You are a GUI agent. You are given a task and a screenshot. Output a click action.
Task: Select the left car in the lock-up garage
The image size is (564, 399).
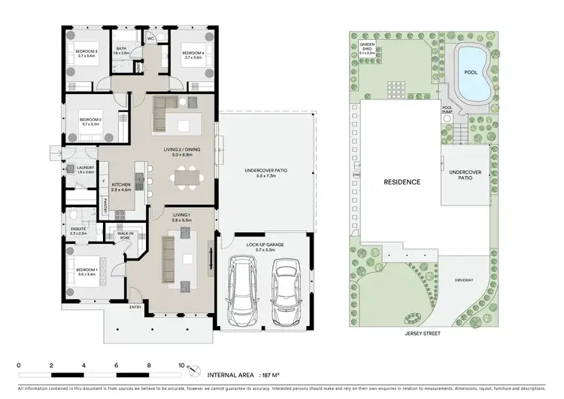click(243, 290)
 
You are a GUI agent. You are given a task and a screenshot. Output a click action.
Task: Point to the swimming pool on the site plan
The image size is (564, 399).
click(472, 73)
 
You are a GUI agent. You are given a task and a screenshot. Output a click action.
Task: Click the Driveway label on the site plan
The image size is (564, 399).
click(464, 280)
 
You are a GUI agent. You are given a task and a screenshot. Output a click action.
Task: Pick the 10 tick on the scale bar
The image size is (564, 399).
click(181, 365)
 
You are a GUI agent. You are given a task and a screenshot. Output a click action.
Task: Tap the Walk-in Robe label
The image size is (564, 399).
click(125, 236)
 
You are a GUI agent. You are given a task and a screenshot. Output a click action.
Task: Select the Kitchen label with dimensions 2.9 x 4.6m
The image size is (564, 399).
click(122, 187)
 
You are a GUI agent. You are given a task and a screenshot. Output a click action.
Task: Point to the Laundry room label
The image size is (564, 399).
click(85, 169)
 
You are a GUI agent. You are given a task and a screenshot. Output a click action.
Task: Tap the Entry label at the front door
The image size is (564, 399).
click(135, 307)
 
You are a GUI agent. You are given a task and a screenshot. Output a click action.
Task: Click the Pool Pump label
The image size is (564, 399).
click(447, 110)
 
